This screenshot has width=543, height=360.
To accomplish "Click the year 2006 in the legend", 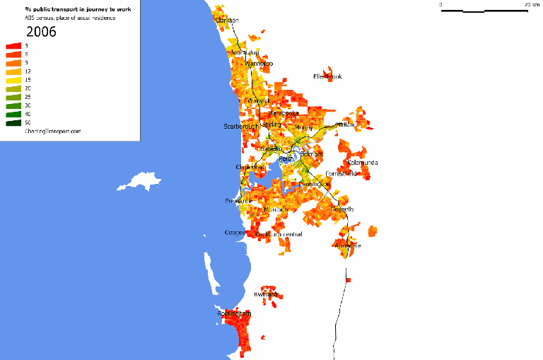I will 41,32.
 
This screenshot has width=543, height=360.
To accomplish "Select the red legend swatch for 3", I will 13,46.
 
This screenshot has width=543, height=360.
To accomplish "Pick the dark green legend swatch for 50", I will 13,123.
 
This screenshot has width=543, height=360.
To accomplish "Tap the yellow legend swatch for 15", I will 13,80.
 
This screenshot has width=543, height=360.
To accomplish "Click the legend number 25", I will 27,97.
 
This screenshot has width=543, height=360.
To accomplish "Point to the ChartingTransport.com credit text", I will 52,132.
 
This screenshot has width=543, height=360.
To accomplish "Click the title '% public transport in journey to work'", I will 78,9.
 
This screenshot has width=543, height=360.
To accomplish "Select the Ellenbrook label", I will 327,76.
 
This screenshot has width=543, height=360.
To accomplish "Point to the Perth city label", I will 286,159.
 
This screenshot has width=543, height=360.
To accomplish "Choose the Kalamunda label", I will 362,163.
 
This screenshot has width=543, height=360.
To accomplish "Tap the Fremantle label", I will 238,202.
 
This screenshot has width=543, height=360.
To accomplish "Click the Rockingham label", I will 233,313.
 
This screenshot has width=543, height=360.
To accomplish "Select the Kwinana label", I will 266,294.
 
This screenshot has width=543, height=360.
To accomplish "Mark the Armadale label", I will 348,246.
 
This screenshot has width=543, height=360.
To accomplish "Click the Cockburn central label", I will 280,234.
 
